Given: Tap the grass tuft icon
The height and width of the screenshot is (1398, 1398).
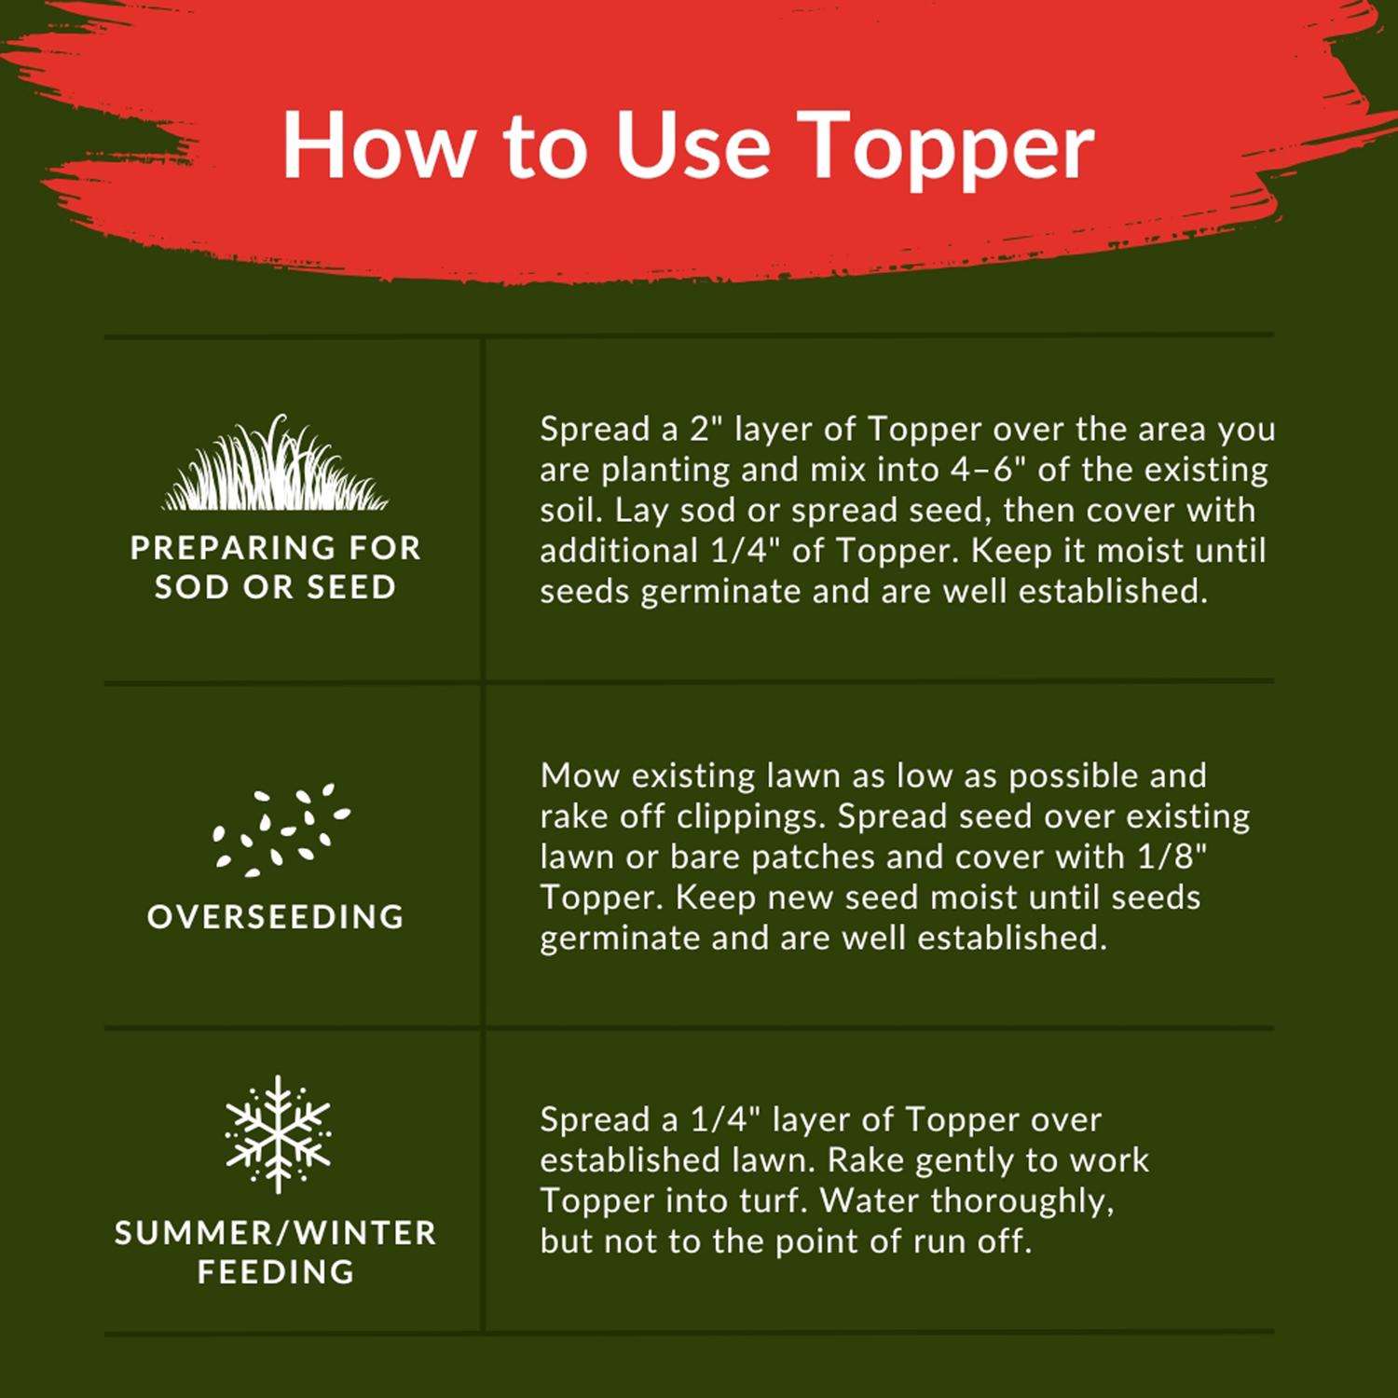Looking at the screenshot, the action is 276,463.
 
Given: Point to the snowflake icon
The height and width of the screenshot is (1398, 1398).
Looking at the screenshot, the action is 278,1133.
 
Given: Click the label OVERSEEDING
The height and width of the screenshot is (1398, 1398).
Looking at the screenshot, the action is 276,916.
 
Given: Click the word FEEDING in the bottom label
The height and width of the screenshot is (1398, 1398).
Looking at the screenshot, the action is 277,1272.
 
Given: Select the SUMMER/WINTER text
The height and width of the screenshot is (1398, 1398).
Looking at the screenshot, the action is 276,1233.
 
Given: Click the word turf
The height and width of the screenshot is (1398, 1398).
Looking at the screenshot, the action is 774,1201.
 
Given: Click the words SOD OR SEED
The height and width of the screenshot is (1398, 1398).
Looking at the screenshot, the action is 276,587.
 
